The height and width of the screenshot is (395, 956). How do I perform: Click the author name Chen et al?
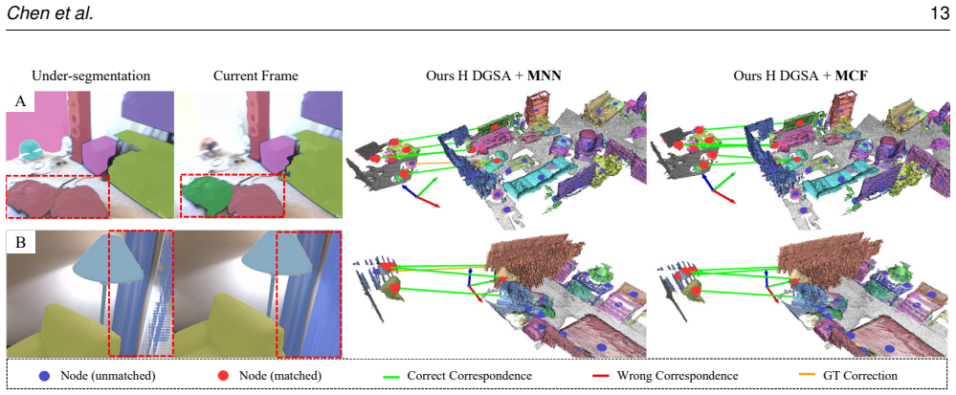pyautogui.click(x=50, y=14)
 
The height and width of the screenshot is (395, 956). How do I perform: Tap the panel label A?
pyautogui.click(x=20, y=101)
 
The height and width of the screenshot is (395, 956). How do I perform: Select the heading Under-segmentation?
pyautogui.click(x=91, y=77)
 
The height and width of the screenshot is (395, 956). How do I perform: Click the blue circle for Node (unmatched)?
pyautogui.click(x=45, y=376)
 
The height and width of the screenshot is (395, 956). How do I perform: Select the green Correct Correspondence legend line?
pyautogui.click(x=390, y=376)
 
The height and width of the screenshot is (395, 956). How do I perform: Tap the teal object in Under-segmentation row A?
pyautogui.click(x=30, y=147)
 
